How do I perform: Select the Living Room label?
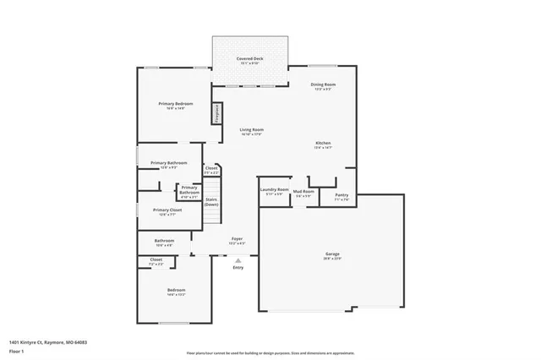coord(251,129)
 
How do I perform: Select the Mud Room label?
coord(303,192)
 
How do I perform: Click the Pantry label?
coord(342,195)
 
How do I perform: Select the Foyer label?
coord(238,240)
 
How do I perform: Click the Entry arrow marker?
coord(238,260)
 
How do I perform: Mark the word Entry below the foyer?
coord(238,268)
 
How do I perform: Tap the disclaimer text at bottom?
coord(270,352)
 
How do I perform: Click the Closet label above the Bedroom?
coord(156,259)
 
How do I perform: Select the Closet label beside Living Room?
coord(211,168)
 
